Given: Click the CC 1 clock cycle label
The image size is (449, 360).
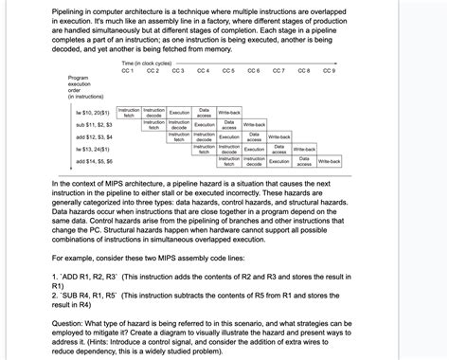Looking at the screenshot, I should (128, 70).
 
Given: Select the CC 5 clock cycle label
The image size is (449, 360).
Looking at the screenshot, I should (228, 70).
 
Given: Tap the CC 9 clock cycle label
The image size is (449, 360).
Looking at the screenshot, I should (329, 70).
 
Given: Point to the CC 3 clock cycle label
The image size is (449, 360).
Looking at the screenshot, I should (178, 70).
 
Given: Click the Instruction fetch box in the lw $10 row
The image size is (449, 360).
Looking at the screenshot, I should (128, 112).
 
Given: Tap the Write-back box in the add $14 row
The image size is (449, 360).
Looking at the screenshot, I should (329, 161).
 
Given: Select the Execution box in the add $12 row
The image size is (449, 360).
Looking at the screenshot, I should (228, 136).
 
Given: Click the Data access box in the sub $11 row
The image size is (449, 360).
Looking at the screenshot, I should (228, 124).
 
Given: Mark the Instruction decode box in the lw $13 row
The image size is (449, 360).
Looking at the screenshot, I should (228, 149).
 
